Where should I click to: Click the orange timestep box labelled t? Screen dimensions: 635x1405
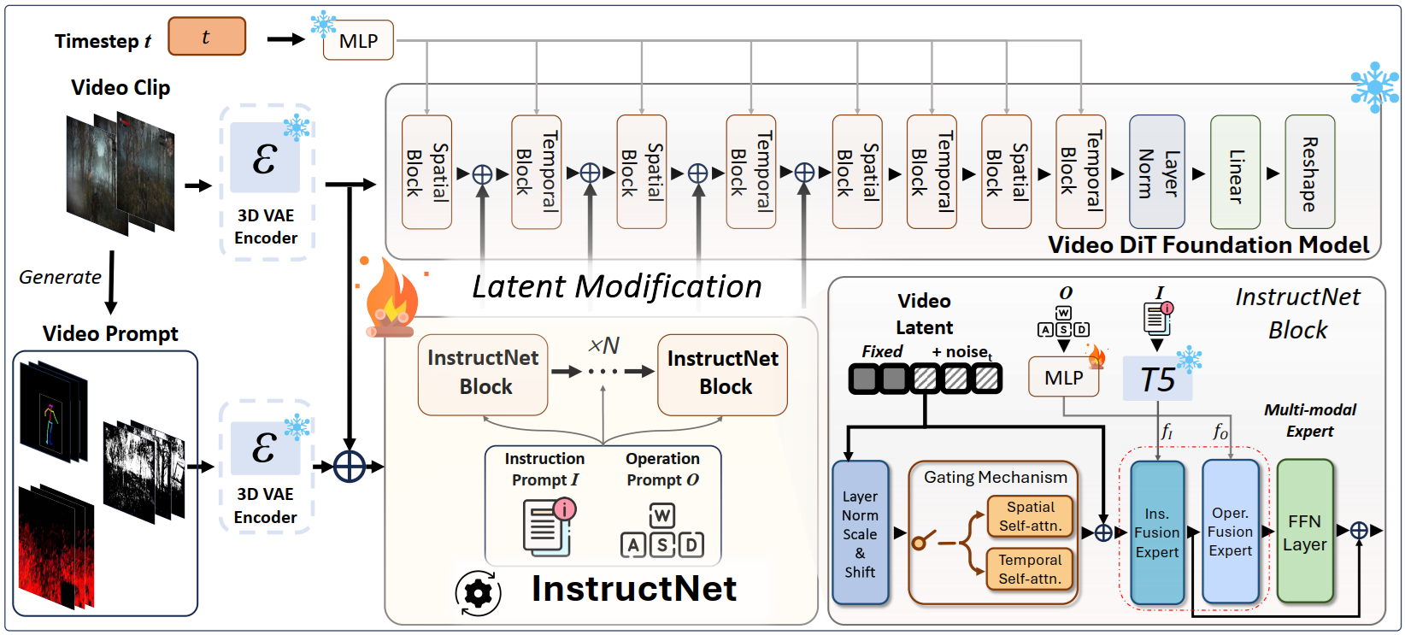207,37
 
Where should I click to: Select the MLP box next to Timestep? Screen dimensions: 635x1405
358,40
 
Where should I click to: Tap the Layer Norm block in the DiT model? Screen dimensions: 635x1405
1157,172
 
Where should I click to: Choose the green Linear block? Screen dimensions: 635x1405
1235,172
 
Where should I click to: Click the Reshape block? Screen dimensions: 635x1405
1309,172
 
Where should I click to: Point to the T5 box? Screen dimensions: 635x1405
1157,379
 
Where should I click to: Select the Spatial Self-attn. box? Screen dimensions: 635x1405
1031,516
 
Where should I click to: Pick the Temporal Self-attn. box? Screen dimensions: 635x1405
1030,569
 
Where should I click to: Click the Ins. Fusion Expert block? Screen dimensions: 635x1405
1157,532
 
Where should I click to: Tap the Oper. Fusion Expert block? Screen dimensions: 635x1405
1230,532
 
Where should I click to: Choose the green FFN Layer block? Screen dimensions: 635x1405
1305,532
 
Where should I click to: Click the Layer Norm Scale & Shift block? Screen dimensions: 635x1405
860,533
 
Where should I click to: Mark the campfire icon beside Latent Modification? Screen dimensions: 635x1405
391,299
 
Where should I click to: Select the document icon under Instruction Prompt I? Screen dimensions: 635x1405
548,526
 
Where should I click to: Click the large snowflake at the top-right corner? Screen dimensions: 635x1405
1374,86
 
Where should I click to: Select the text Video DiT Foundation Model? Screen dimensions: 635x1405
1208,245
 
